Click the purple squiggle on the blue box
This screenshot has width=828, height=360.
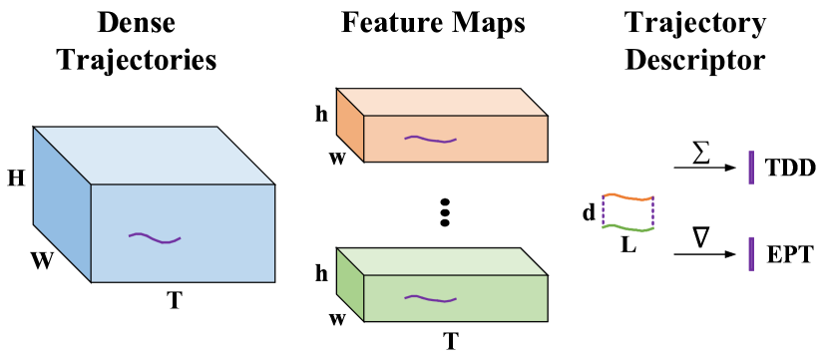pyautogui.click(x=155, y=238)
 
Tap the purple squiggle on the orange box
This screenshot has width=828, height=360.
pyautogui.click(x=430, y=139)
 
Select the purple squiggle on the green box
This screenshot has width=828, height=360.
pyautogui.click(x=430, y=298)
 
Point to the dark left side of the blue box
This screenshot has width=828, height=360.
pyautogui.click(x=62, y=204)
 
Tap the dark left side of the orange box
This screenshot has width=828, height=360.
pyautogui.click(x=350, y=125)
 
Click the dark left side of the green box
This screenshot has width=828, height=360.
pyautogui.click(x=350, y=284)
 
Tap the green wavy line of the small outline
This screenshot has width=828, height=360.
pyautogui.click(x=627, y=228)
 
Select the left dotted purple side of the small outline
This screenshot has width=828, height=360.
pyautogui.click(x=603, y=211)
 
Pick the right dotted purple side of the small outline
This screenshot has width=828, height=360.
pyautogui.click(x=652, y=213)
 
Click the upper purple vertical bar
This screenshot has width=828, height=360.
pyautogui.click(x=751, y=168)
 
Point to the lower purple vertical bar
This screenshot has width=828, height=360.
pyautogui.click(x=751, y=253)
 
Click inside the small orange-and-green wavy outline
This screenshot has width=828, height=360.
pyautogui.click(x=627, y=212)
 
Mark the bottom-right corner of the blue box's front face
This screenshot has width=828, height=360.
pyautogui.click(x=274, y=282)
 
